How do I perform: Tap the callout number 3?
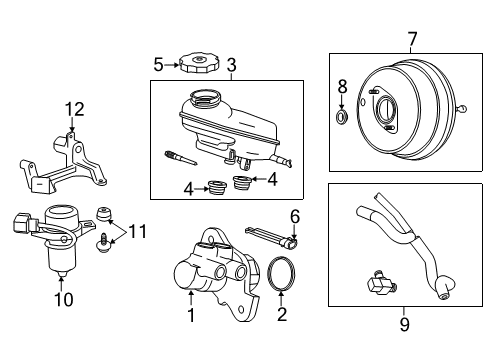click(231, 66)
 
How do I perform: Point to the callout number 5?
click(157, 66)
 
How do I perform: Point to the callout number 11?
click(138, 231)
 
